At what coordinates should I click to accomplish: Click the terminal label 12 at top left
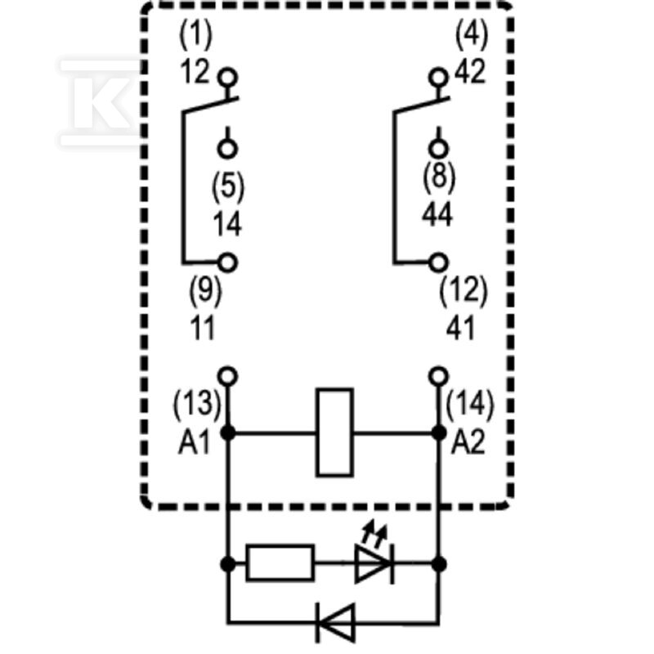(195, 72)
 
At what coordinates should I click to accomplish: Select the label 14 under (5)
(227, 224)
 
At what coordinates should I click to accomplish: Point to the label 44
(437, 215)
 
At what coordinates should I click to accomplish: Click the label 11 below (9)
(203, 328)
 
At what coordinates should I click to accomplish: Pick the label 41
(460, 328)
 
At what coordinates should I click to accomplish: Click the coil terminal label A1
(194, 442)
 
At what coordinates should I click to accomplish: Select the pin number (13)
(196, 404)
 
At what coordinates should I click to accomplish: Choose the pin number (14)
(469, 404)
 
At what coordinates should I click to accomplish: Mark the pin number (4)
(472, 34)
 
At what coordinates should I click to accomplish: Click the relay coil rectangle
(335, 432)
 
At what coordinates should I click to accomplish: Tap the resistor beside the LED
(280, 562)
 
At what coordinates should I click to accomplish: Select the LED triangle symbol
(374, 563)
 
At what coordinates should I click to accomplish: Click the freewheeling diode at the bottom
(336, 623)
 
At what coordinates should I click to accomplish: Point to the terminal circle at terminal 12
(228, 78)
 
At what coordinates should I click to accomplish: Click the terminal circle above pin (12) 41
(438, 262)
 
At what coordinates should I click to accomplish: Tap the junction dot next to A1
(228, 433)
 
